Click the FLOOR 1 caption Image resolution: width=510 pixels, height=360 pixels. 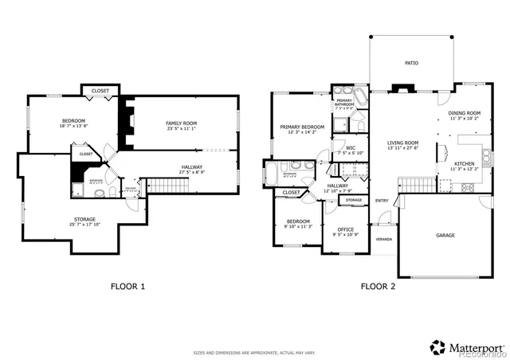(x=127, y=285)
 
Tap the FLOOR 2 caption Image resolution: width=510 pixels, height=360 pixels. (x=379, y=285)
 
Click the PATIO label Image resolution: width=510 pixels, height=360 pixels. (x=411, y=63)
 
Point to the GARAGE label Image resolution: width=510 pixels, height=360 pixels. (x=445, y=236)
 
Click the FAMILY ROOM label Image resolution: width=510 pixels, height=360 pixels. (x=181, y=123)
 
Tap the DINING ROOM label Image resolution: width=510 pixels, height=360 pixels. (x=464, y=113)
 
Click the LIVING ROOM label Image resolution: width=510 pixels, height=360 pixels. (x=402, y=143)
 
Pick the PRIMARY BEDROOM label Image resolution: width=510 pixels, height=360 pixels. (x=302, y=127)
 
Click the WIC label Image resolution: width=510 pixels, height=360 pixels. (x=350, y=147)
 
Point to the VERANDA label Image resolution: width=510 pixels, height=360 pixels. (x=385, y=238)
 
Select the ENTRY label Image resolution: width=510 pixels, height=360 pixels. (x=382, y=200)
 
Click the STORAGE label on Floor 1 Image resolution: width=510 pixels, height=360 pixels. (x=85, y=219)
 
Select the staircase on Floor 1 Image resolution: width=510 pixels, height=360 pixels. (x=168, y=186)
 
